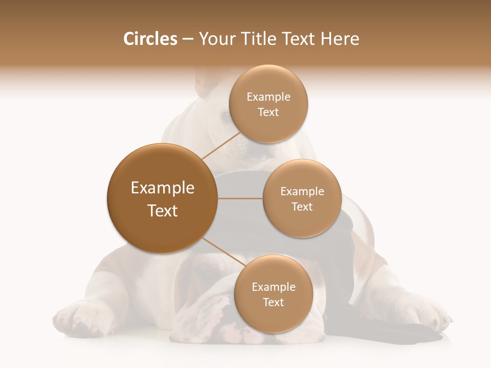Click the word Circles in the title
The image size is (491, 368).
click(x=150, y=39)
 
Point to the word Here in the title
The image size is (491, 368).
click(x=341, y=39)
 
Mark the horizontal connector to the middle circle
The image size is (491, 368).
click(x=240, y=198)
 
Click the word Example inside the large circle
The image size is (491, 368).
click(x=162, y=188)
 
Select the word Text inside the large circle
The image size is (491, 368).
click(x=162, y=211)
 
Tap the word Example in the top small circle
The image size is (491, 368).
click(x=268, y=97)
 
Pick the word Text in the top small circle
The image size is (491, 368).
click(x=268, y=112)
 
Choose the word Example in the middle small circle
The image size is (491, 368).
click(x=302, y=192)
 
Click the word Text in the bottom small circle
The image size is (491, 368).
click(x=273, y=302)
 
